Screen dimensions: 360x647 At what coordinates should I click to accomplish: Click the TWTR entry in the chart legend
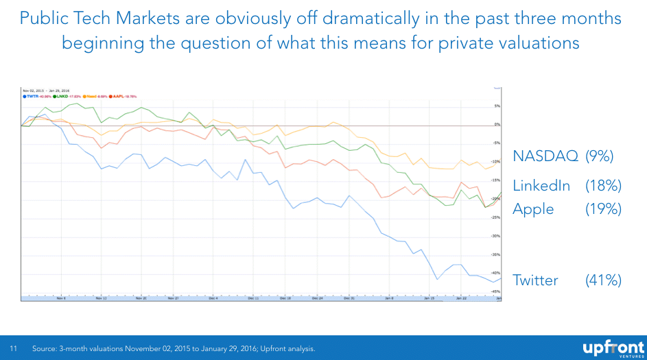(35, 97)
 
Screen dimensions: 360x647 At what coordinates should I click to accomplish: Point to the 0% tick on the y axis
(497, 125)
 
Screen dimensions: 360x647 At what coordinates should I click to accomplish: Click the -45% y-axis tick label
(496, 292)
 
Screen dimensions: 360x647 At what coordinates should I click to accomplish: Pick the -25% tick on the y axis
(496, 217)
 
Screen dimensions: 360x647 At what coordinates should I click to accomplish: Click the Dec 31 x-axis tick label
(349, 299)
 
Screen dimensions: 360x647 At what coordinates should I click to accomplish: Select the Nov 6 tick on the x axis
(60, 299)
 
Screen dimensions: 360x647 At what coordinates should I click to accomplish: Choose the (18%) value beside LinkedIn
(603, 186)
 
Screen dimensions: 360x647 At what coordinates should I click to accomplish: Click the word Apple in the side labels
(533, 209)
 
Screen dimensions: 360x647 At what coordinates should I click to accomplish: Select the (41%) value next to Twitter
(603, 280)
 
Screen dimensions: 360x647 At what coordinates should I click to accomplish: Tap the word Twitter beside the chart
(535, 280)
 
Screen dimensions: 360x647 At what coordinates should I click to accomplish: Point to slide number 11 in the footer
(12, 349)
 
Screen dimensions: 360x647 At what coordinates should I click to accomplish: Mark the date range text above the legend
(45, 91)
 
